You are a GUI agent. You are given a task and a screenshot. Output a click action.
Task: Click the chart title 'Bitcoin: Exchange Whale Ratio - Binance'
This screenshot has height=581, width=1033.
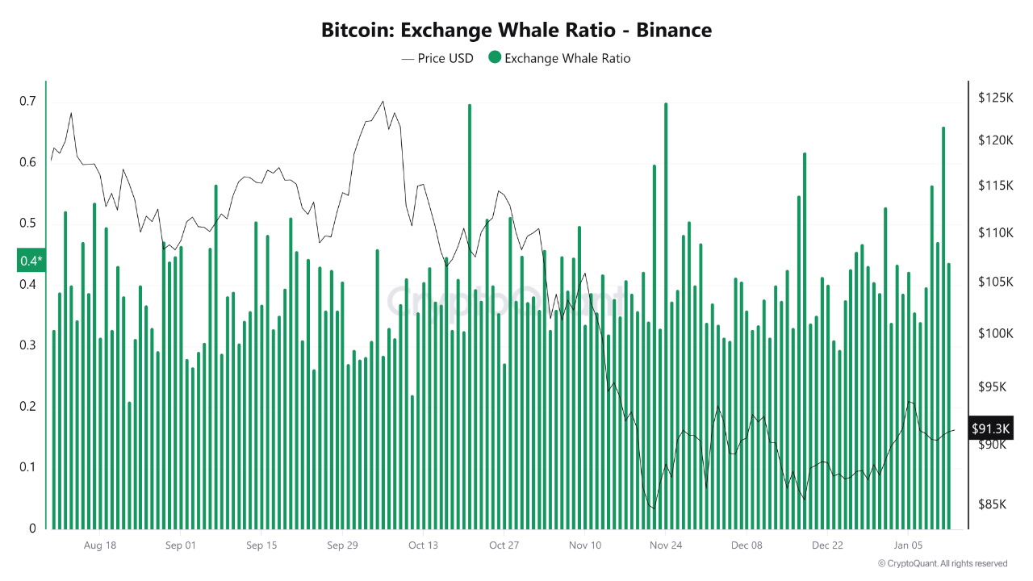click(516, 31)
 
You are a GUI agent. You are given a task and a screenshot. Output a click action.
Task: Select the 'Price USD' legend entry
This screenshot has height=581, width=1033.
click(435, 58)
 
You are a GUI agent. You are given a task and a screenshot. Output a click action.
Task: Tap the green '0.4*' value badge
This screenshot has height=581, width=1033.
click(31, 261)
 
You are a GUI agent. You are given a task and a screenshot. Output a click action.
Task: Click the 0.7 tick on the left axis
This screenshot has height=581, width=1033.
click(27, 102)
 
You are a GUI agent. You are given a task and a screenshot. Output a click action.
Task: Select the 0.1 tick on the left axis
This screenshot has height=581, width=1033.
click(27, 467)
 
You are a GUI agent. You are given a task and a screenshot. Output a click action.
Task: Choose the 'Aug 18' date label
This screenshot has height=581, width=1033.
click(100, 545)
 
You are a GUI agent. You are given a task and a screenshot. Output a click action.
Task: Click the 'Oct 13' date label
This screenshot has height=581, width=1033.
click(423, 545)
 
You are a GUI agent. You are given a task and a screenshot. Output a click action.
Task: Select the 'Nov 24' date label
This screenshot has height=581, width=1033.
click(666, 545)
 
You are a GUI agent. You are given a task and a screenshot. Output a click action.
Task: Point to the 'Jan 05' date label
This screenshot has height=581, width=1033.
click(908, 545)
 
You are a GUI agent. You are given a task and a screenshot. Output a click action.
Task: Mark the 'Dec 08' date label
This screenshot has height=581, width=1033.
click(747, 545)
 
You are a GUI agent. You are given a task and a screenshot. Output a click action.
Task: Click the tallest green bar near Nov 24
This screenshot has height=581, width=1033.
click(666, 315)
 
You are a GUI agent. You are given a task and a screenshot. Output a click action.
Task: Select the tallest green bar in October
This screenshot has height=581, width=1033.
click(469, 315)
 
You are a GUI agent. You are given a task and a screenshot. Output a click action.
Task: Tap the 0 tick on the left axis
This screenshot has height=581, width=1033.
click(33, 529)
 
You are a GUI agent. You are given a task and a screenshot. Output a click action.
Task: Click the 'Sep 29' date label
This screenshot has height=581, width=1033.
click(342, 545)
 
